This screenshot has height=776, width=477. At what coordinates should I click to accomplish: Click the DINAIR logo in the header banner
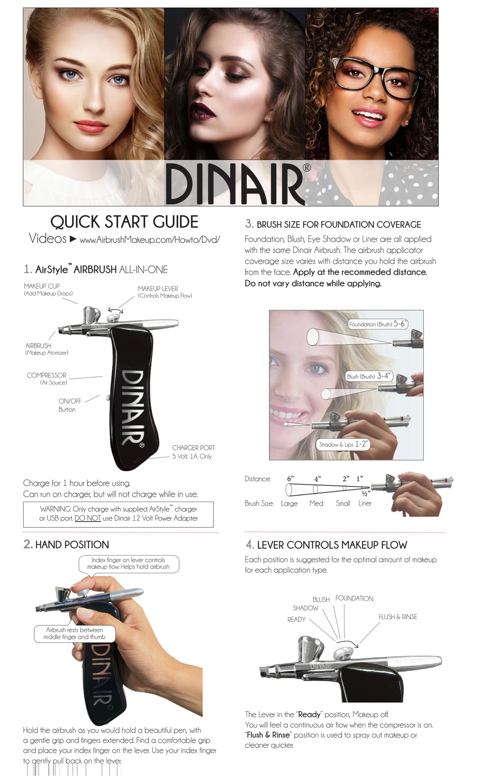[x=234, y=183]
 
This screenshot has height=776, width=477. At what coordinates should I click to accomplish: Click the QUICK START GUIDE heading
[x=124, y=222]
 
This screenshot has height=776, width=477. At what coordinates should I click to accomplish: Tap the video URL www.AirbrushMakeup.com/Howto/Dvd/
[x=150, y=240]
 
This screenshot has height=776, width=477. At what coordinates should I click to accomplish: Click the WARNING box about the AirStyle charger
[x=118, y=514]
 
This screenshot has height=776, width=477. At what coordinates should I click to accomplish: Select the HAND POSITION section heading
[x=72, y=545]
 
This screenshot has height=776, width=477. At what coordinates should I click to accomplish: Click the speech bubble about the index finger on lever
[x=129, y=563]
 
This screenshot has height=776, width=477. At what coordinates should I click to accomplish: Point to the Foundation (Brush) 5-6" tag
[x=377, y=324]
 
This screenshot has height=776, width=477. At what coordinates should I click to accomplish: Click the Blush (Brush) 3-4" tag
[x=368, y=376]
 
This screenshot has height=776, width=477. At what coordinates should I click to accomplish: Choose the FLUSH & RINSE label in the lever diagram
[x=398, y=617]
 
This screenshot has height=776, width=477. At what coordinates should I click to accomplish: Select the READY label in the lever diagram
[x=296, y=619]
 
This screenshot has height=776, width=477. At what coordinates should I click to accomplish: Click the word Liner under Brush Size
[x=365, y=503]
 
